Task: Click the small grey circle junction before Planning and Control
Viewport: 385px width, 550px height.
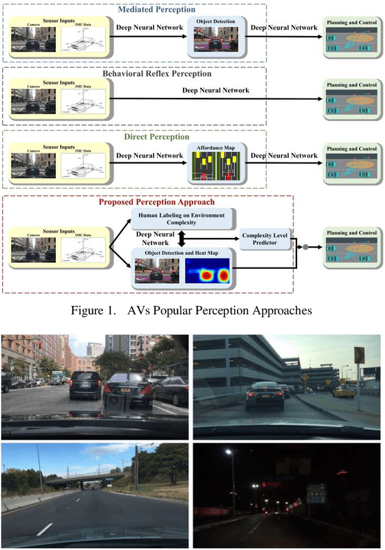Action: (306, 247)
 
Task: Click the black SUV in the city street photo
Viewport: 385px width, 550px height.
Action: (85, 385)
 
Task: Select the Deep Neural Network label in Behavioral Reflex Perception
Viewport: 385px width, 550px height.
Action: (216, 91)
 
